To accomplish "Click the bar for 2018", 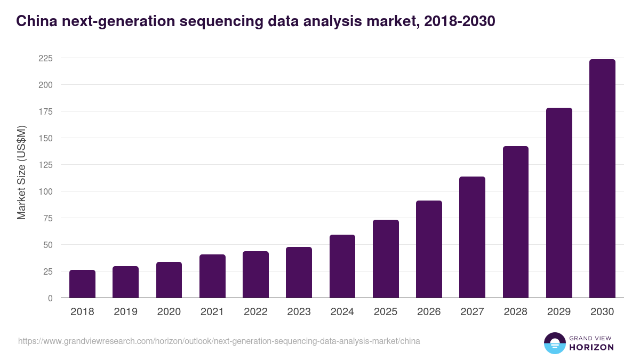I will tap(82, 284).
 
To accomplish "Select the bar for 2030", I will tap(602, 179).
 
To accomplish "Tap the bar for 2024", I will tap(342, 266).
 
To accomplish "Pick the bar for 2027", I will tap(472, 237).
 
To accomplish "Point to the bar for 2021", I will tap(212, 276).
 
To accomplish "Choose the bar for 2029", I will tap(559, 203).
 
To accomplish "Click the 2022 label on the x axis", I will tap(255, 312).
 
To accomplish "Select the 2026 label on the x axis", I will tap(429, 312).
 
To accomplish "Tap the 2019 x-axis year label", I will tap(125, 312).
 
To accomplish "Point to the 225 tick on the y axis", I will tap(45, 58).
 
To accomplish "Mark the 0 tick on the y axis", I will tap(50, 298).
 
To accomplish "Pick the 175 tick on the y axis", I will tap(45, 111).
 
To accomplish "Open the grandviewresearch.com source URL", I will tap(219, 341).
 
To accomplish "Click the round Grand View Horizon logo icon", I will tap(555, 343).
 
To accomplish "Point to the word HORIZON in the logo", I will tap(591, 347).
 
